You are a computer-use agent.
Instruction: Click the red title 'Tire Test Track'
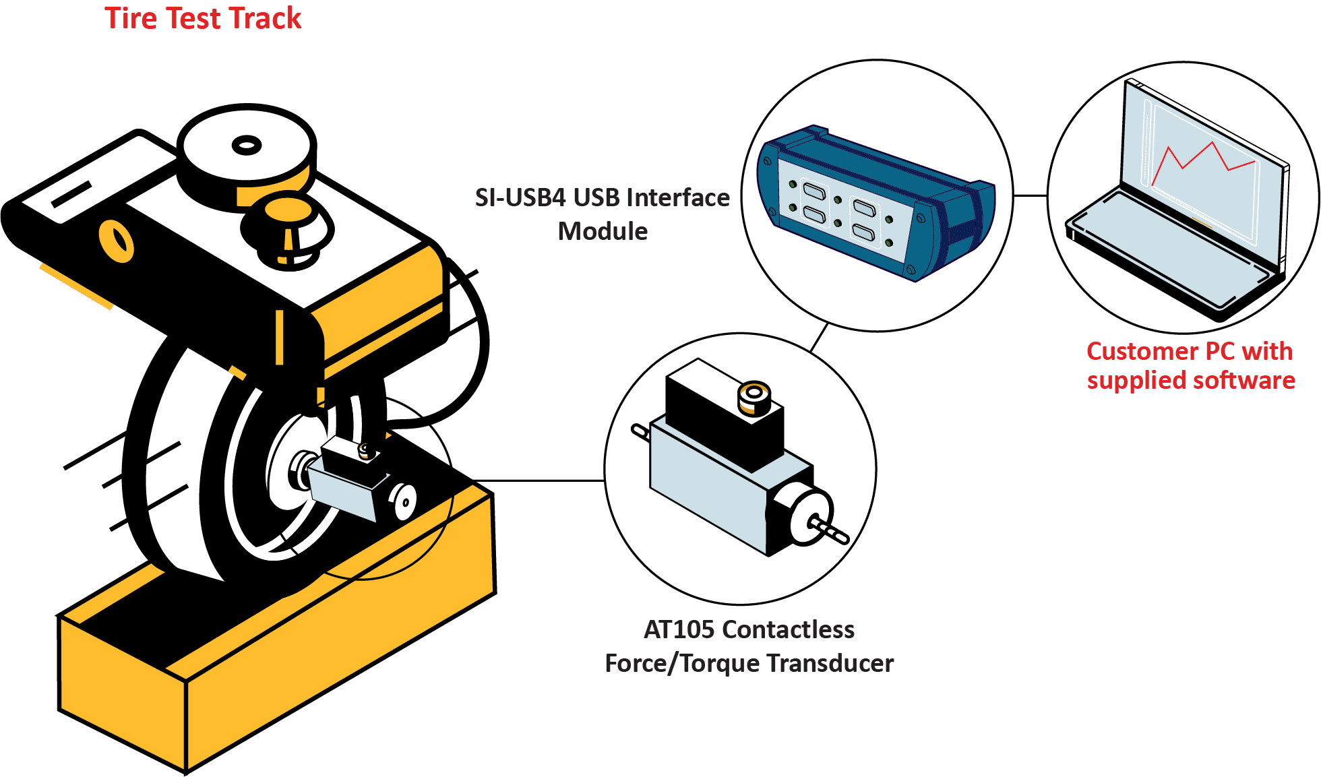click(203, 18)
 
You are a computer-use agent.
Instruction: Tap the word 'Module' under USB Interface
click(603, 231)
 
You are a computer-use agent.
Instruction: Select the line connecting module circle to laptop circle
click(1030, 196)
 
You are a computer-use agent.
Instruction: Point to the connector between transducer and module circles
click(819, 337)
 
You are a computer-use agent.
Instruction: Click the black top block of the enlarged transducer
click(725, 414)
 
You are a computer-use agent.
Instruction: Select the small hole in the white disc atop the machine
click(247, 145)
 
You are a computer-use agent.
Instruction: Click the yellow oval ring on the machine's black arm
click(117, 241)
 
